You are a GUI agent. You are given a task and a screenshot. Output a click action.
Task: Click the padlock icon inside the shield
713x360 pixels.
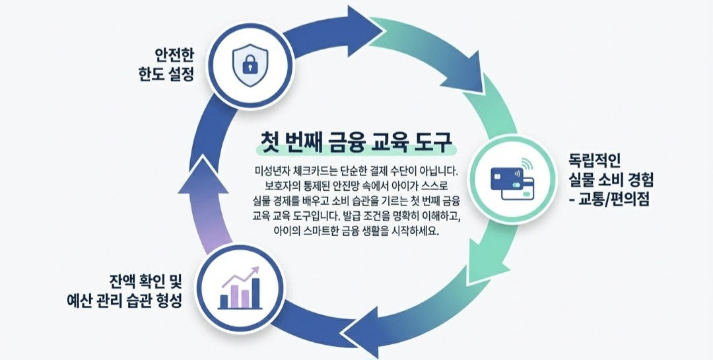(249, 65)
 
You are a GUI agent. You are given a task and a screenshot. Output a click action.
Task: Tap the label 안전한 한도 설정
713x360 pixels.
(170, 65)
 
